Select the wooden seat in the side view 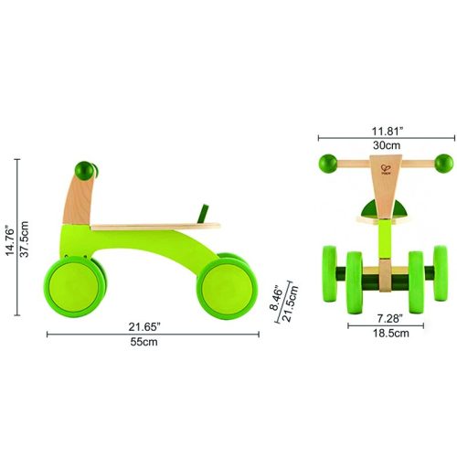155,224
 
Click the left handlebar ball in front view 327,165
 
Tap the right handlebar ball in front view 443,165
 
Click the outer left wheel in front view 326,275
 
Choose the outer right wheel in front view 442,275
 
